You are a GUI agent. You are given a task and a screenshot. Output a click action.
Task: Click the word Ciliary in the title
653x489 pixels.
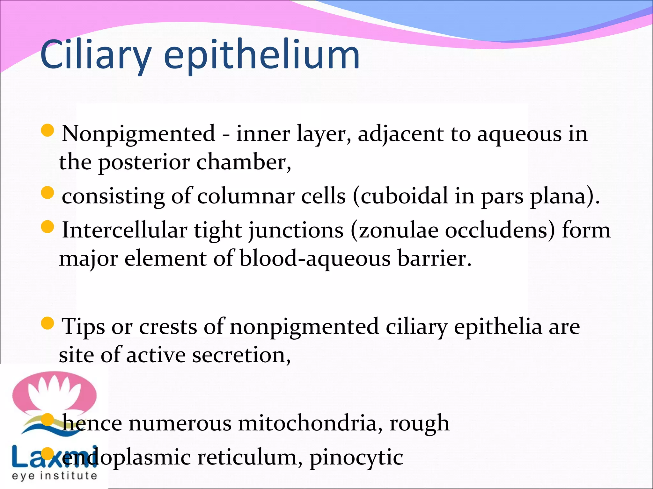pyautogui.click(x=95, y=55)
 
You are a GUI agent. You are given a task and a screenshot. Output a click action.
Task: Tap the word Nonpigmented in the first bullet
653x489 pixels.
pyautogui.click(x=139, y=134)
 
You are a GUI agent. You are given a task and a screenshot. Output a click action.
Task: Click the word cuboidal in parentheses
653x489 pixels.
pyautogui.click(x=404, y=196)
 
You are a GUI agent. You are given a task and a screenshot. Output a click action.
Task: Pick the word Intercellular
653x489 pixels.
pyautogui.click(x=125, y=230)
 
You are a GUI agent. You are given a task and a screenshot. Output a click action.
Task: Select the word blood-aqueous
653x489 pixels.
pyautogui.click(x=315, y=258)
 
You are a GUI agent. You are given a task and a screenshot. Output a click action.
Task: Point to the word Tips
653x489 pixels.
pyautogui.click(x=83, y=327)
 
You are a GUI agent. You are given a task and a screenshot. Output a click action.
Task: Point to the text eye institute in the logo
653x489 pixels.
pyautogui.click(x=54, y=476)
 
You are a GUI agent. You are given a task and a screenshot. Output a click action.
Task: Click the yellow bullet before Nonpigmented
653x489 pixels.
pyautogui.click(x=48, y=131)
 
